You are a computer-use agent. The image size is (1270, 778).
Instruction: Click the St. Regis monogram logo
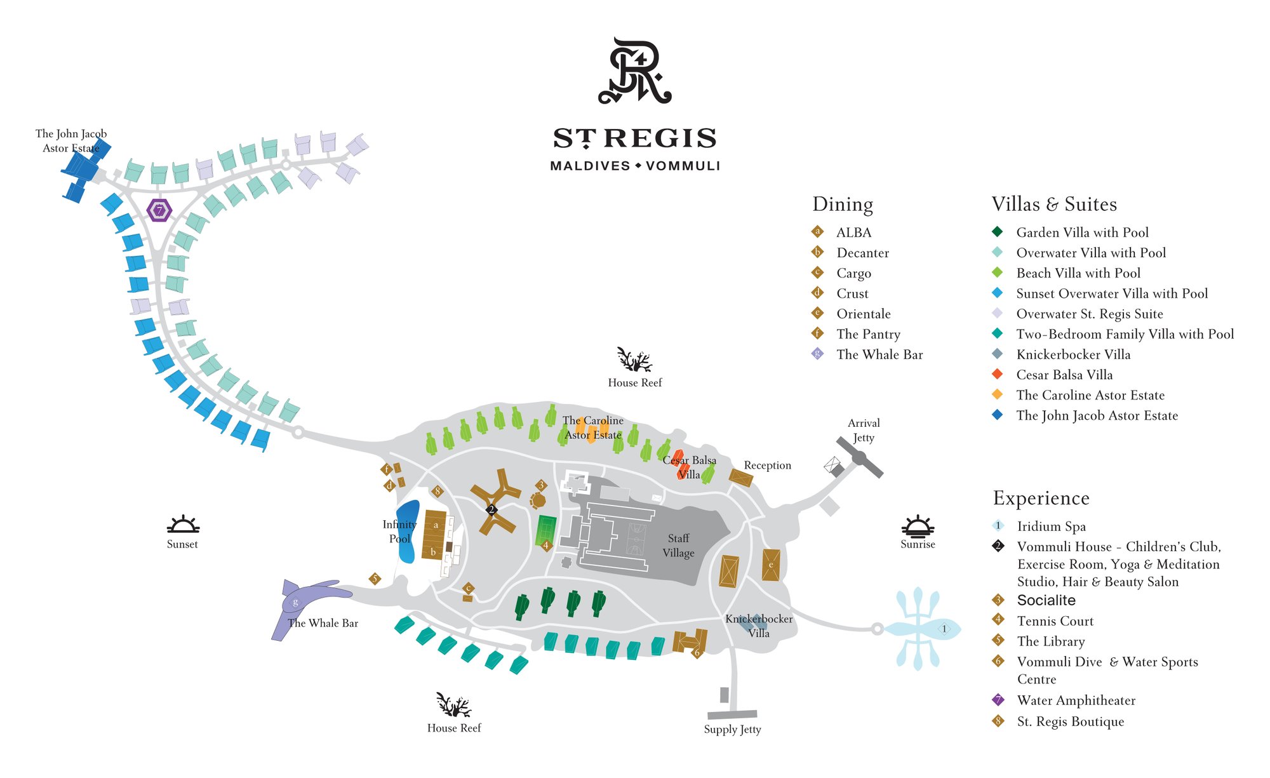pyautogui.click(x=635, y=71)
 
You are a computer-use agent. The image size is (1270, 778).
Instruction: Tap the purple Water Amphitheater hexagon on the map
pyautogui.click(x=159, y=210)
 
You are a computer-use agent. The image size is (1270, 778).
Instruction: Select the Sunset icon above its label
pyautogui.click(x=183, y=525)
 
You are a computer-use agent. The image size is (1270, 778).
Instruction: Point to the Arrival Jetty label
pyautogui.click(x=864, y=430)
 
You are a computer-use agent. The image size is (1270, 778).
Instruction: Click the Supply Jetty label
pyautogui.click(x=732, y=729)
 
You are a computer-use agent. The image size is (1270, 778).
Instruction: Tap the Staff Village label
pyautogui.click(x=678, y=546)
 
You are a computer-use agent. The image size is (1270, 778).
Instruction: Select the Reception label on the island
pyautogui.click(x=767, y=466)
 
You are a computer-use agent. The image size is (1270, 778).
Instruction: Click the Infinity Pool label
pyautogui.click(x=399, y=532)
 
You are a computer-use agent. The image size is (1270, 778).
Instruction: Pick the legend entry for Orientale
pyautogui.click(x=863, y=314)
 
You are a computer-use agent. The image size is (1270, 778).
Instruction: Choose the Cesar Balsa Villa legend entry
pyautogui.click(x=1064, y=375)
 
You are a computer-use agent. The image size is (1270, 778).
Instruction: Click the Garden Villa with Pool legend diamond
pyautogui.click(x=998, y=232)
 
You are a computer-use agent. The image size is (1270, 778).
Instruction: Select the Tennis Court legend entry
pyautogui.click(x=1055, y=621)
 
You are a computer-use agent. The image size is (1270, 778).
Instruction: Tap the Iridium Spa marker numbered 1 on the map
pyautogui.click(x=944, y=629)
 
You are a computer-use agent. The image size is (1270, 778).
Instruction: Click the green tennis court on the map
pyautogui.click(x=546, y=530)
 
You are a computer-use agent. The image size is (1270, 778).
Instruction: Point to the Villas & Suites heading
pyautogui.click(x=1054, y=204)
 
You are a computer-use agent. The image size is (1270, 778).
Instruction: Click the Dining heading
pyautogui.click(x=843, y=204)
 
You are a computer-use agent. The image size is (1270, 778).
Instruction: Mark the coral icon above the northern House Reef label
pyautogui.click(x=634, y=359)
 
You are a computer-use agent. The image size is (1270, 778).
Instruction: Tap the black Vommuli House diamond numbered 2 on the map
pyautogui.click(x=491, y=509)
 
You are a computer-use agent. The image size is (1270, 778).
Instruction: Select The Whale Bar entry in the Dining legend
pyautogui.click(x=879, y=354)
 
